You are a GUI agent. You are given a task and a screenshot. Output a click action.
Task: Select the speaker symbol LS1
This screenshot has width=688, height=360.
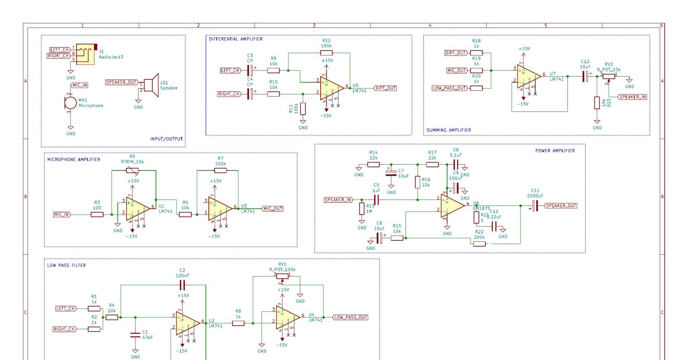[x=150, y=85]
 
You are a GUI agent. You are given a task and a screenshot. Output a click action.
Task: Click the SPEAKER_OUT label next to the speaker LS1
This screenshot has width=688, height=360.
[x=122, y=82]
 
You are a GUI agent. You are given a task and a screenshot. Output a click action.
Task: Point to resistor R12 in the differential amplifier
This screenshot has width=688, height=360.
[x=327, y=53]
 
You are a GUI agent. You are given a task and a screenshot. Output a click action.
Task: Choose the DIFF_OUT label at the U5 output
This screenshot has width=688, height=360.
[x=385, y=88]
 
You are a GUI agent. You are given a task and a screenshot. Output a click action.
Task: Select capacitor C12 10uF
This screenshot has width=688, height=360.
[x=585, y=77]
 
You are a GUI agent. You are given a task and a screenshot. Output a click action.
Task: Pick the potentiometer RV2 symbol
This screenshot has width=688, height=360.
[x=609, y=77]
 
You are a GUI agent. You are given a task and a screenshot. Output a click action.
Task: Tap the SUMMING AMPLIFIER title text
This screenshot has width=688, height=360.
[x=448, y=130]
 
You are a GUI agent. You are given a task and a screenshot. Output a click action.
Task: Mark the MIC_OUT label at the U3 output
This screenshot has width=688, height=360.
[x=272, y=209]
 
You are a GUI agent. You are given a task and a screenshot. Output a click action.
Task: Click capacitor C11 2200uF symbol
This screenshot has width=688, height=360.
[x=535, y=206]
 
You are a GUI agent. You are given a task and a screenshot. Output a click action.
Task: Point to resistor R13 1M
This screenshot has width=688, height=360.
[x=362, y=209]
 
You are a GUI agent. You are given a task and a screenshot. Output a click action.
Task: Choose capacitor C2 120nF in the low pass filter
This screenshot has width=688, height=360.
[x=183, y=285]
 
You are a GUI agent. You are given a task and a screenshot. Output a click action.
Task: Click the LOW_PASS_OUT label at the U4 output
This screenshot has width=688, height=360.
[x=350, y=317]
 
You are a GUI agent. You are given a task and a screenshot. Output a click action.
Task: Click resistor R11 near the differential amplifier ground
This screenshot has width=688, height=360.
[x=303, y=109]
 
